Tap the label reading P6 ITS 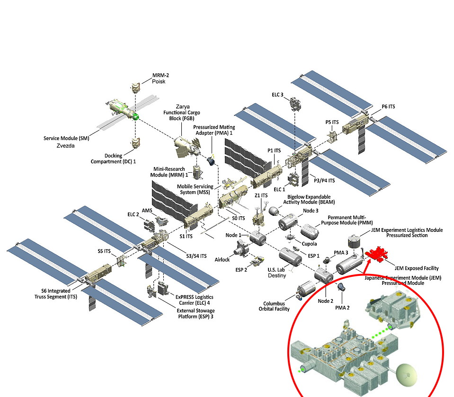(x=388, y=107)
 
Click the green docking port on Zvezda (x=136, y=115)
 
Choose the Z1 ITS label (x=261, y=195)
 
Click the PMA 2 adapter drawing (x=341, y=287)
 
